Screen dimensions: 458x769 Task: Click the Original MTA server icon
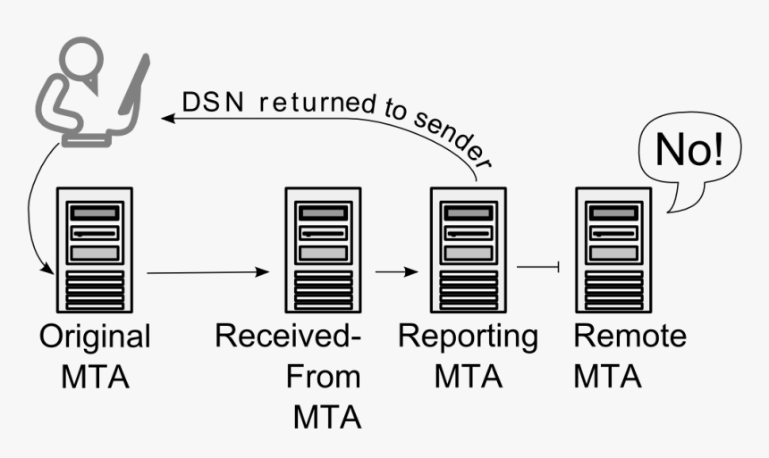coord(94,250)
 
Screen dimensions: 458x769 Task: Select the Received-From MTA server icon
coord(322,250)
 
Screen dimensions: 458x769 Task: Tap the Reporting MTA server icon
coord(468,250)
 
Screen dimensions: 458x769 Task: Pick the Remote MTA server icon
coord(613,250)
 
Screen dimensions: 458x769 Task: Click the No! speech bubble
coord(688,156)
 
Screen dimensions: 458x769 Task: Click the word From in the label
coord(323,377)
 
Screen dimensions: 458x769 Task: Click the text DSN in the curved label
coord(205,102)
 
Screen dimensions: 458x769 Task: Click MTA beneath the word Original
coord(95,377)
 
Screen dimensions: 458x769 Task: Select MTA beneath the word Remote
coord(608,377)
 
